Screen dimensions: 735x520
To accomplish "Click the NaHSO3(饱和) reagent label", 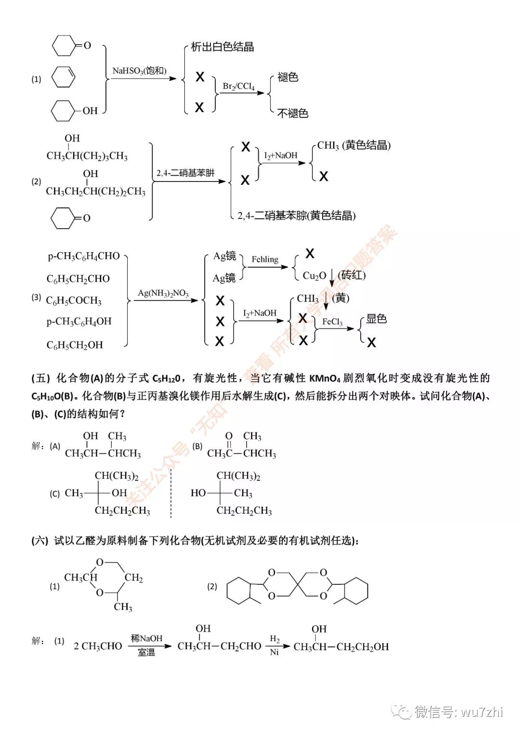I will [x=139, y=71].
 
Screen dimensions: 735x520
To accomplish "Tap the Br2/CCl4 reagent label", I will [x=238, y=86].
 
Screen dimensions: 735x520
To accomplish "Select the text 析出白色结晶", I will [x=222, y=47].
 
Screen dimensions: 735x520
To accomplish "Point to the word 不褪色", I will [x=293, y=113].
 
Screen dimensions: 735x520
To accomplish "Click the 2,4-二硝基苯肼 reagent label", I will [x=185, y=173].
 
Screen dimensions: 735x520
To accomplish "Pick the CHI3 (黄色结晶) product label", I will [x=354, y=145].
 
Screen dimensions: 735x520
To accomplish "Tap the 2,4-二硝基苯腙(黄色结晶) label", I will [x=297, y=216].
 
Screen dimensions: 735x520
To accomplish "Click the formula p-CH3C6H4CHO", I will [x=84, y=256].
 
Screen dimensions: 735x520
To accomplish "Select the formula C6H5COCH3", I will [x=74, y=301].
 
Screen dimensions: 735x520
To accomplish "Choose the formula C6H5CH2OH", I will [x=75, y=345].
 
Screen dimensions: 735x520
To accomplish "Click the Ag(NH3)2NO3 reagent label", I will [x=163, y=293].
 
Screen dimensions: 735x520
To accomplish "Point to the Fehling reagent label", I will [x=265, y=259].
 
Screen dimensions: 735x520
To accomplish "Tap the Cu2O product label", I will [x=314, y=275].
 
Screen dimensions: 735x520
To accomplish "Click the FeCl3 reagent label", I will [x=332, y=322].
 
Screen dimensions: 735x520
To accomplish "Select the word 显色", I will [x=377, y=319].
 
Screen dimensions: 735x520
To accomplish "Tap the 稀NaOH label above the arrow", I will [x=146, y=638].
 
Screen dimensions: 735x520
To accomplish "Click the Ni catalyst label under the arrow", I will [x=274, y=652].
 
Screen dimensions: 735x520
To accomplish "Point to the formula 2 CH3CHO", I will [x=98, y=646].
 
